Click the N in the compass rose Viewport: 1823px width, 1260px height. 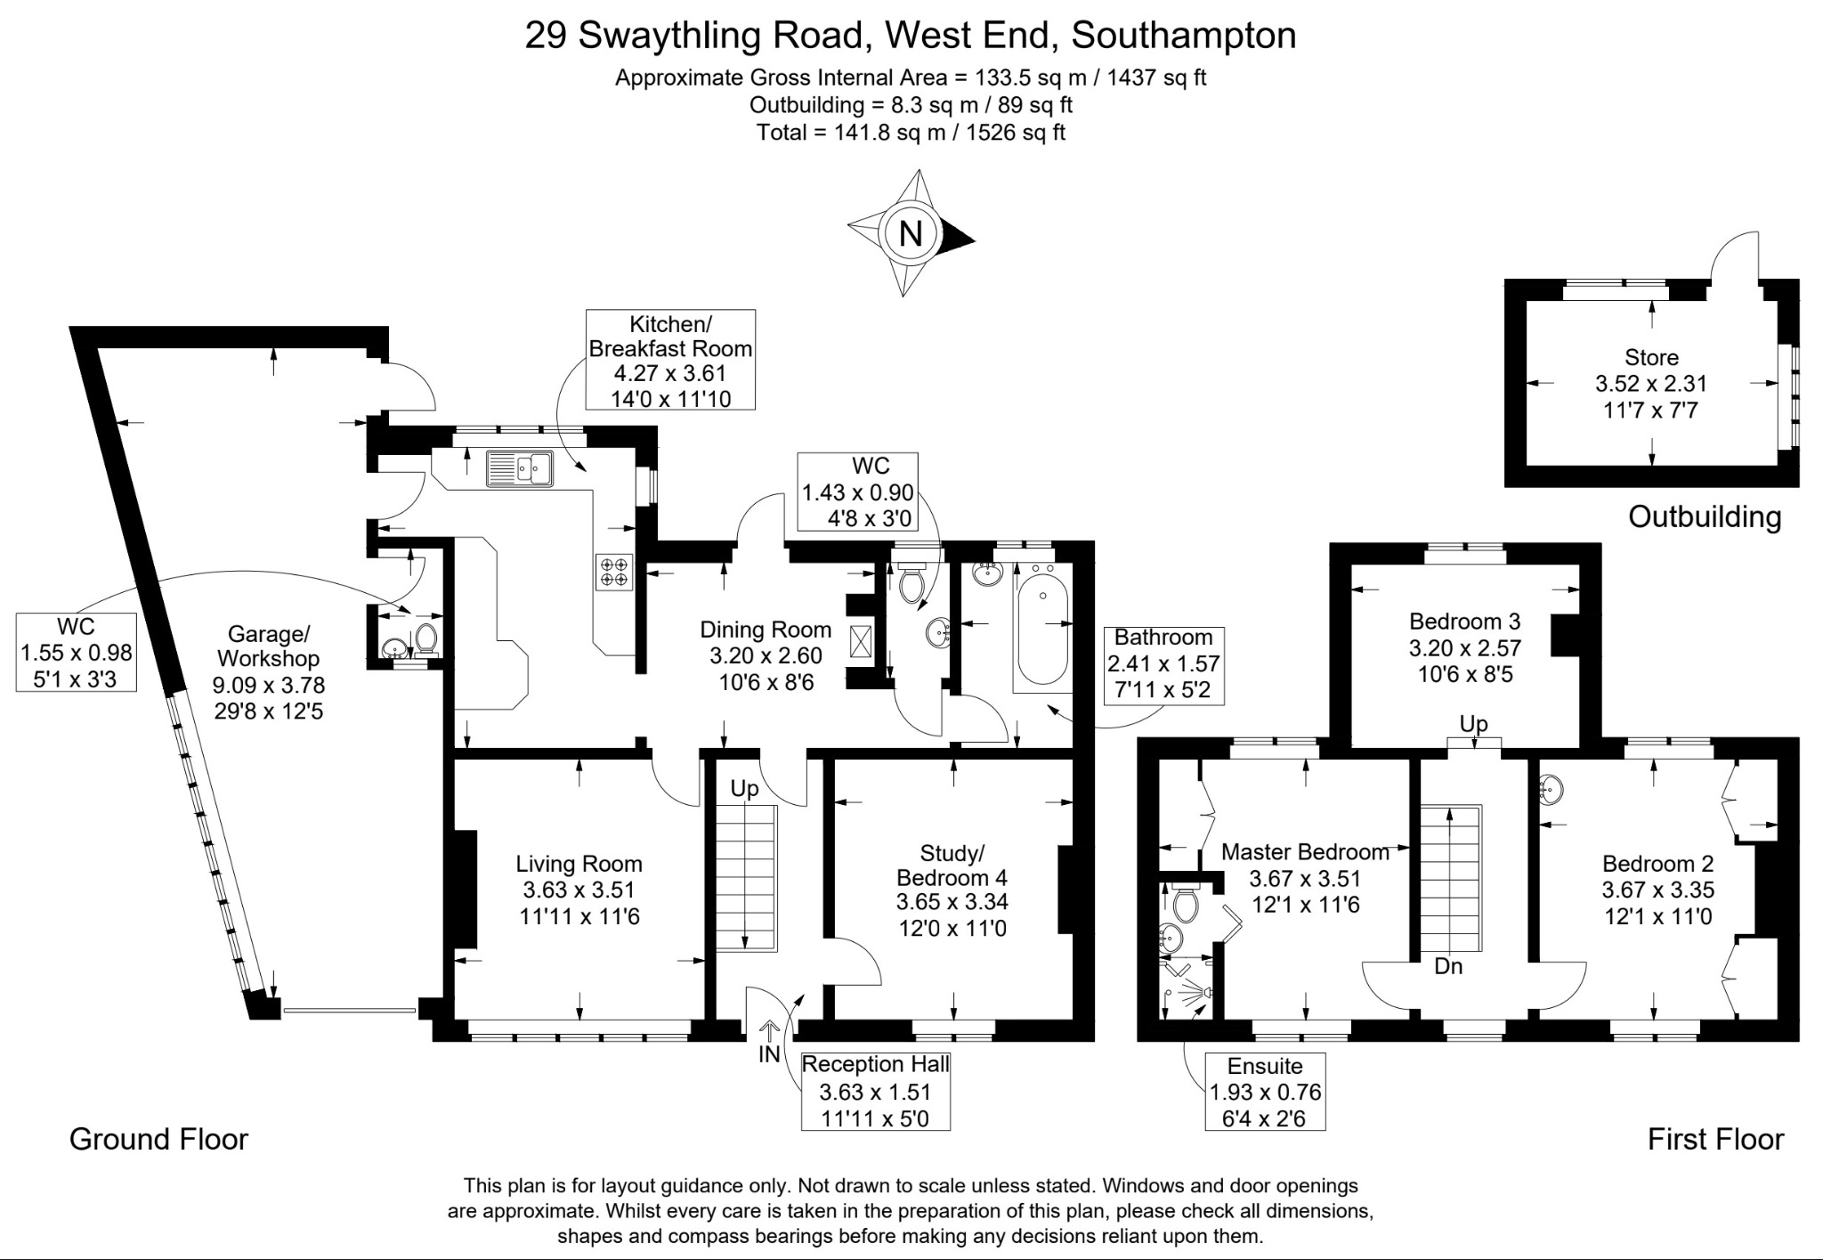(910, 234)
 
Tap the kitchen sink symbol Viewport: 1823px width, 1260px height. (520, 468)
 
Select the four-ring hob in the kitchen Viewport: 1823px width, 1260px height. (614, 571)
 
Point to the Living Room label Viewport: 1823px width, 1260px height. (579, 864)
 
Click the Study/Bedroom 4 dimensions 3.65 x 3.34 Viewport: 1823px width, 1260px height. (952, 902)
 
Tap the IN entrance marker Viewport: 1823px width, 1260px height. (769, 1054)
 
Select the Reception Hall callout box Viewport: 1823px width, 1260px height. (876, 1091)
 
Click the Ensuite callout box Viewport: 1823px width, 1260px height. (1265, 1092)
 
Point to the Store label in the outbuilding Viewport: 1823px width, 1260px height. (1652, 358)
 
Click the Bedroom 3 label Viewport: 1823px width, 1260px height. (1465, 622)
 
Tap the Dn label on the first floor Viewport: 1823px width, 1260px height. (1448, 966)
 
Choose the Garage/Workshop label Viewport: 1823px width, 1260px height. (269, 646)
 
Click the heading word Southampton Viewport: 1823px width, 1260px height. (1184, 36)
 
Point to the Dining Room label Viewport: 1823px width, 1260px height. (766, 630)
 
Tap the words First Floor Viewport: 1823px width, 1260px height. (1715, 1140)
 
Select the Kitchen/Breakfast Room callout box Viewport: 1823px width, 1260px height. (670, 360)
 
